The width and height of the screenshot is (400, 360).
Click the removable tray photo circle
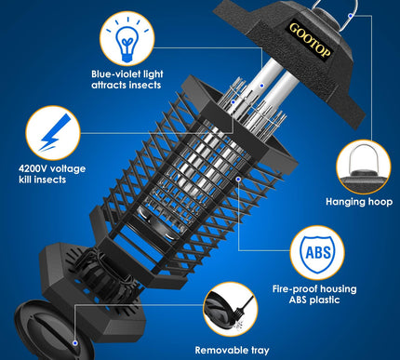(232, 309)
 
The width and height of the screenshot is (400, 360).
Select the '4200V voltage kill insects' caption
(60, 175)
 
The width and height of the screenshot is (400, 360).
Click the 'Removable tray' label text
(233, 350)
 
